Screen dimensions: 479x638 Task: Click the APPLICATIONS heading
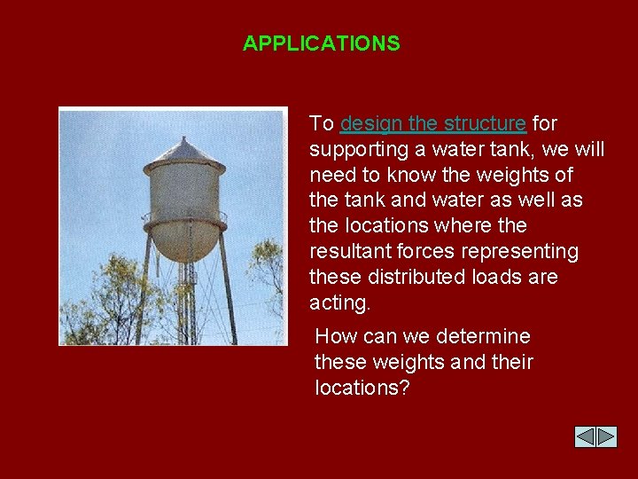click(x=321, y=43)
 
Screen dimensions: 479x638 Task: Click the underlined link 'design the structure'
click(x=432, y=122)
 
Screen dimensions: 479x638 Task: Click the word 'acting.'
click(x=339, y=302)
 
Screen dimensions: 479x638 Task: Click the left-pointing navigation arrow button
click(x=585, y=436)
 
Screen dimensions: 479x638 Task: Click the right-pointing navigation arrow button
click(x=606, y=436)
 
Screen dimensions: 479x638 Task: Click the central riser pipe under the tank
click(x=186, y=302)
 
